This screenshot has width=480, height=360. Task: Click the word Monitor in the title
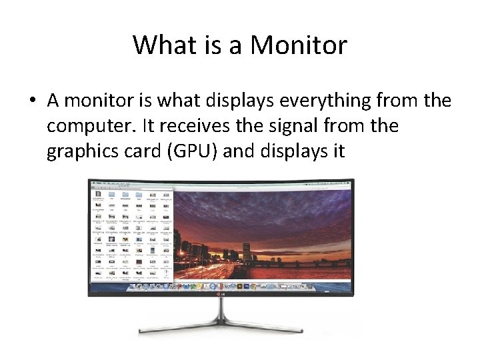(x=298, y=45)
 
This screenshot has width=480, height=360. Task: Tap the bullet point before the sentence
(x=32, y=102)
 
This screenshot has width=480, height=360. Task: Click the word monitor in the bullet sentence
(x=98, y=101)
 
